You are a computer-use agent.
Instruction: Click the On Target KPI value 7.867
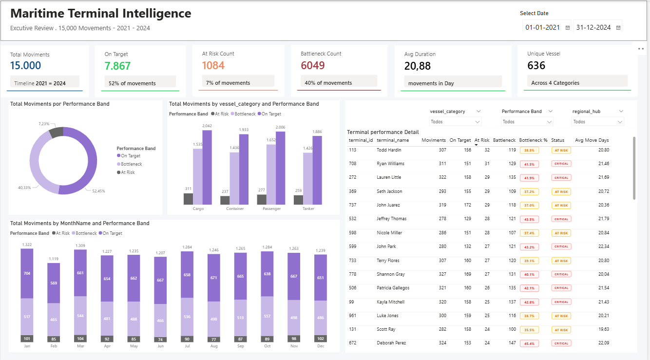118,66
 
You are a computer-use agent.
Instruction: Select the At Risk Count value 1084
212,66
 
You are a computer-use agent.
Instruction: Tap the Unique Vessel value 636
536,66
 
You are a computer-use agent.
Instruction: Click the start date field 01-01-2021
542,27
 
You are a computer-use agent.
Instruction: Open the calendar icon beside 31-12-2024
618,28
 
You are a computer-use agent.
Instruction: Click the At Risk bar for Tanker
298,200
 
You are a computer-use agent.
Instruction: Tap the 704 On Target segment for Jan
27,273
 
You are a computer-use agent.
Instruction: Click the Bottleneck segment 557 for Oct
267,316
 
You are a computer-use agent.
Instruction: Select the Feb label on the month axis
54,346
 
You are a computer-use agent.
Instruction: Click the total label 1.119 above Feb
54,259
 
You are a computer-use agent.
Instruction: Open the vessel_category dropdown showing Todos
455,122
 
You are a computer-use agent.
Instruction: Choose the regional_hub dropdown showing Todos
598,122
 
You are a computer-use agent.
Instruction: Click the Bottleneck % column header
533,140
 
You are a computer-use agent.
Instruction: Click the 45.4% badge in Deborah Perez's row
529,343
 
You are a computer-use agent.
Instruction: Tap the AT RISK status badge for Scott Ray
561,330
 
